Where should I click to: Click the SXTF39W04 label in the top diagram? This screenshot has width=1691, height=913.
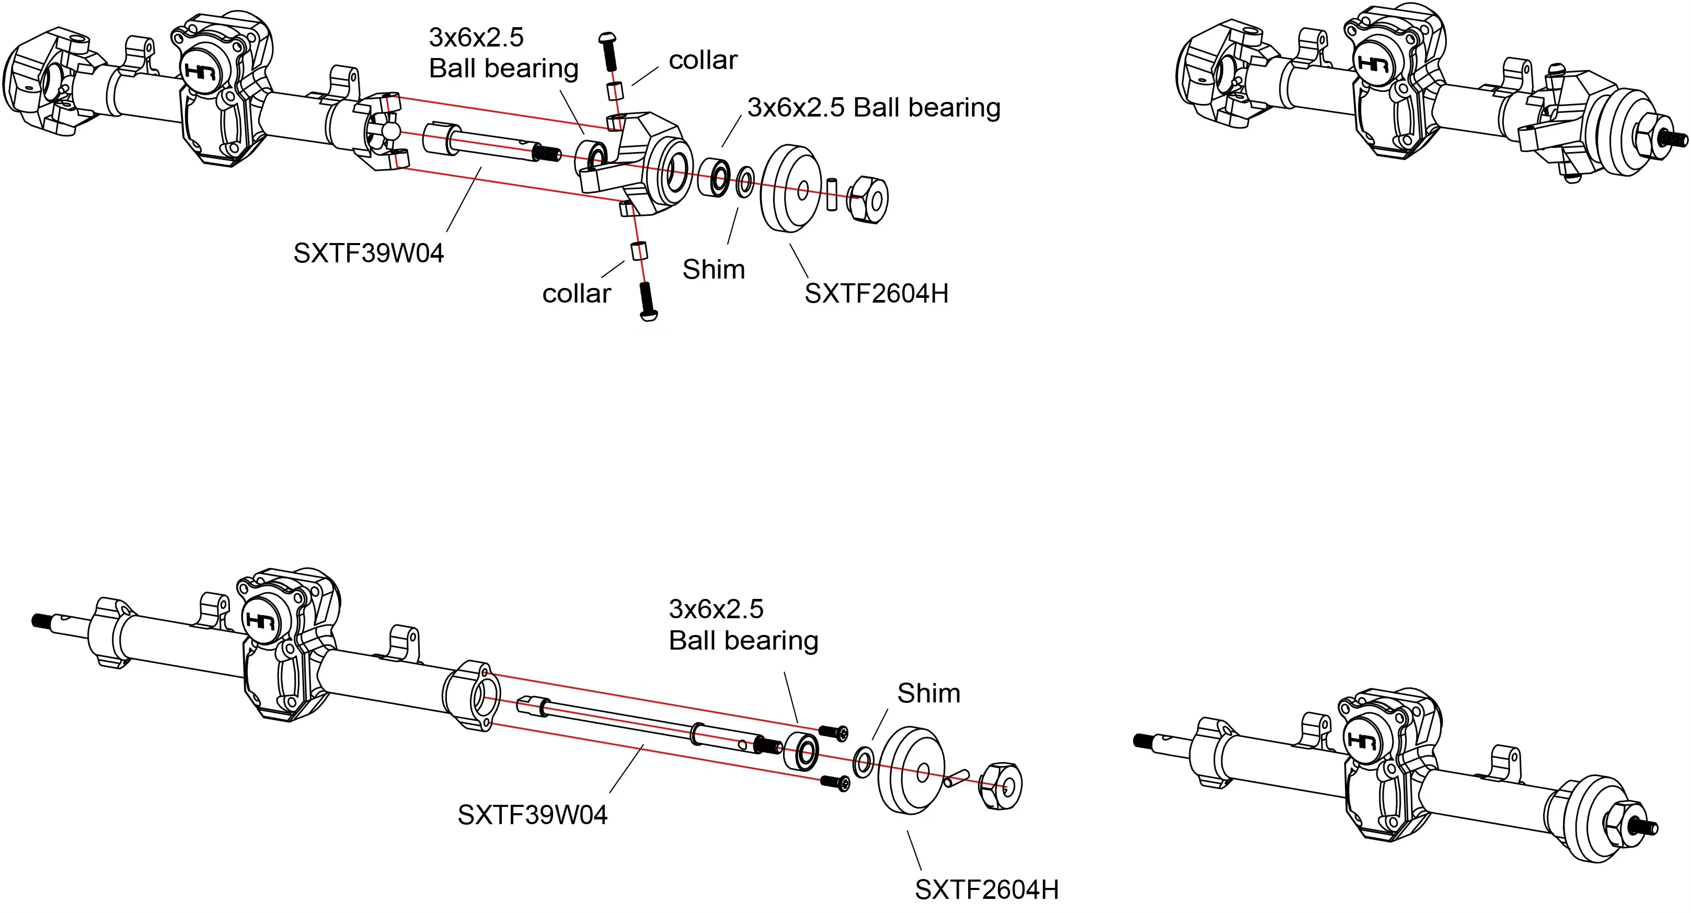[369, 253]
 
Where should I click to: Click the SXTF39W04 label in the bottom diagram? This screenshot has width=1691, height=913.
[532, 815]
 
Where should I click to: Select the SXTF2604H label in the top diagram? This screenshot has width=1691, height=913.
[877, 293]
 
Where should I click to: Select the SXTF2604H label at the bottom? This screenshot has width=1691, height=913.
[987, 890]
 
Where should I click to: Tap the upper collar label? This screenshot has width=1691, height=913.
[703, 61]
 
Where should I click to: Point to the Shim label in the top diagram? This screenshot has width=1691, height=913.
[714, 270]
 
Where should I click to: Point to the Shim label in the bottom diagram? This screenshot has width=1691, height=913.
[928, 694]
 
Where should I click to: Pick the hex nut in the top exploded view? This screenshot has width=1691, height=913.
[868, 199]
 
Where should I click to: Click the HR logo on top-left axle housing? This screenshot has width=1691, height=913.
[200, 70]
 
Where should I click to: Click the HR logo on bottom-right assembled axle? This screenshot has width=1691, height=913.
[1362, 741]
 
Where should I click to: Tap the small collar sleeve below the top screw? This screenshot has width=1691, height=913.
[615, 90]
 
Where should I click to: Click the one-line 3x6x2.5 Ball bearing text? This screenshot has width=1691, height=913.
[873, 108]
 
